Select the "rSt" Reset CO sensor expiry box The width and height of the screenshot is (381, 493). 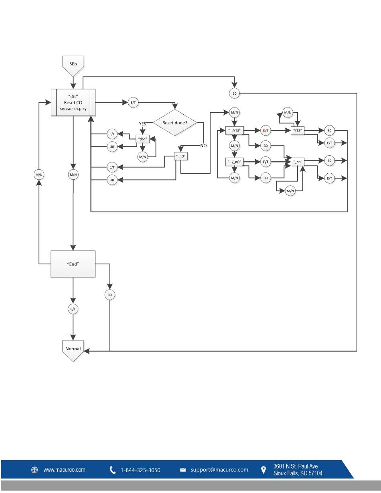click(x=73, y=102)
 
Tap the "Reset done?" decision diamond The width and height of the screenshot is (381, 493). click(x=175, y=122)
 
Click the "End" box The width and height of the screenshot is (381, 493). click(x=73, y=264)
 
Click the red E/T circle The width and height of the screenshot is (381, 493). click(x=265, y=130)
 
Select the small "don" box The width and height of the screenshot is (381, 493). click(x=142, y=139)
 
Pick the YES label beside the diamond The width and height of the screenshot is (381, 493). click(x=142, y=124)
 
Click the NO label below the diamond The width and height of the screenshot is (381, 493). click(x=203, y=146)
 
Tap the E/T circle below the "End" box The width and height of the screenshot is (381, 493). click(x=73, y=309)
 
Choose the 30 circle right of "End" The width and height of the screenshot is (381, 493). click(x=110, y=295)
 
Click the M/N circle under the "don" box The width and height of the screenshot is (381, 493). click(x=142, y=157)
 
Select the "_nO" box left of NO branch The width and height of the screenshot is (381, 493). click(x=181, y=156)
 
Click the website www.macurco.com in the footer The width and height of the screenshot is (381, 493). click(x=64, y=470)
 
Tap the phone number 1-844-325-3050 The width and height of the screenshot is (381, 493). click(x=140, y=470)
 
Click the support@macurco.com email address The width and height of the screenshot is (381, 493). click(x=219, y=470)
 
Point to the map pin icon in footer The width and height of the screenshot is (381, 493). click(x=263, y=470)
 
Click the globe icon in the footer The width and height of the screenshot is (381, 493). click(x=34, y=470)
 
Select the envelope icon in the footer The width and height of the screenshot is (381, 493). click(x=183, y=470)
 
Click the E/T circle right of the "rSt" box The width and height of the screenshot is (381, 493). click(x=133, y=102)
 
